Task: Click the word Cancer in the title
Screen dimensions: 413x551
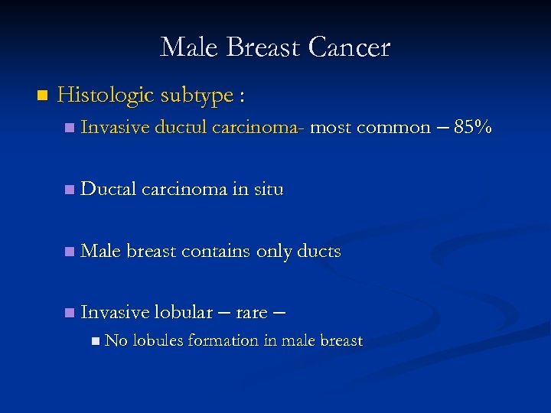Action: pyautogui.click(x=349, y=47)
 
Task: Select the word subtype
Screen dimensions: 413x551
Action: pyautogui.click(x=197, y=96)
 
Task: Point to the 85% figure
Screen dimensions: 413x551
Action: pyautogui.click(x=472, y=128)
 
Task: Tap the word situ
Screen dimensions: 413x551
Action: pyautogui.click(x=268, y=190)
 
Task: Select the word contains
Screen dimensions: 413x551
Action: pyautogui.click(x=214, y=252)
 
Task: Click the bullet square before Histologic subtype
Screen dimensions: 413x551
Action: pyautogui.click(x=41, y=96)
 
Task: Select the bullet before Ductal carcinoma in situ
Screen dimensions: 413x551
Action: pyautogui.click(x=70, y=190)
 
